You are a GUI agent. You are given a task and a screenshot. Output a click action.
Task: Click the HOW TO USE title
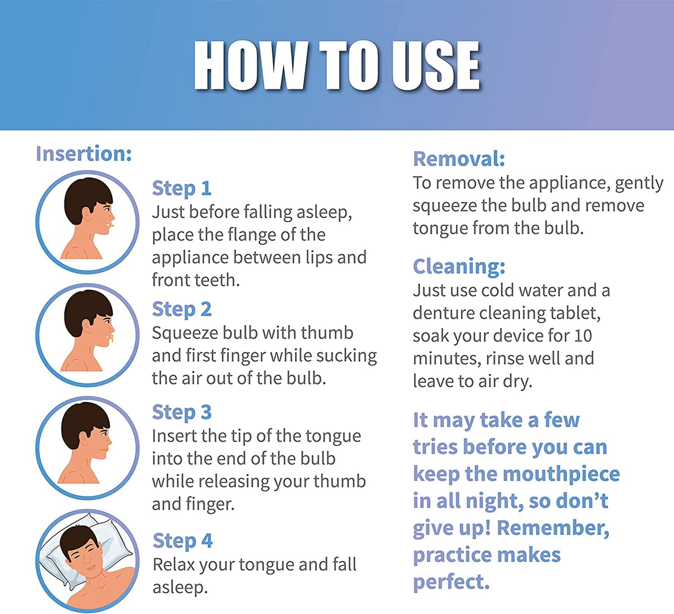tap(336, 66)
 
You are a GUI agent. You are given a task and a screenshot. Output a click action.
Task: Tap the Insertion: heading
tap(84, 153)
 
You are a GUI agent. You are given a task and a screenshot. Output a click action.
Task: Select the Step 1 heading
tap(181, 188)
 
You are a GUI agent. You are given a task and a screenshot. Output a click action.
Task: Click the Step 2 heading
tap(181, 309)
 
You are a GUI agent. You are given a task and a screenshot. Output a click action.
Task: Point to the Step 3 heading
tap(181, 412)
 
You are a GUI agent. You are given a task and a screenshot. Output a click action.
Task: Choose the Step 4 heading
tap(183, 540)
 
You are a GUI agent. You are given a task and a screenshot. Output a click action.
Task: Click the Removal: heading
tap(459, 159)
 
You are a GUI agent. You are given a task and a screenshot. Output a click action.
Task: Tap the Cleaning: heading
tap(459, 266)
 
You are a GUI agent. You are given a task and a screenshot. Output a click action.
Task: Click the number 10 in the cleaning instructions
tap(582, 336)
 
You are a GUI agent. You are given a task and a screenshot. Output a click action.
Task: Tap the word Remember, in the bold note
tap(553, 528)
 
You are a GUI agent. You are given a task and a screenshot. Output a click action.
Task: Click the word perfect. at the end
tap(451, 582)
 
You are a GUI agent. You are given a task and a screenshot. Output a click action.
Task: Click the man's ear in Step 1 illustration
tap(88, 214)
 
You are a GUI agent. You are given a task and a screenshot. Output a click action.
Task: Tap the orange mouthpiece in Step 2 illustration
tap(112, 338)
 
